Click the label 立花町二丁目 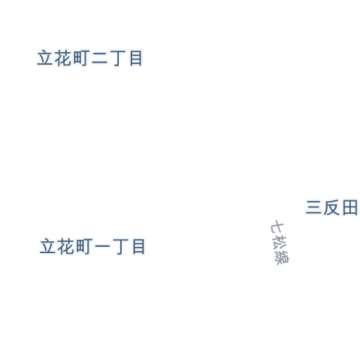click(x=90, y=58)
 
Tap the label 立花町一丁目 click(x=93, y=246)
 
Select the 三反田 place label click(x=332, y=207)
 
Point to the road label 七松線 click(x=280, y=243)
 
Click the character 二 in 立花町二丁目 click(x=100, y=58)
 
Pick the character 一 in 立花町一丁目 click(x=103, y=246)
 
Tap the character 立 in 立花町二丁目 click(x=45, y=58)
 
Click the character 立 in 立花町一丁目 click(x=48, y=246)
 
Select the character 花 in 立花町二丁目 click(x=63, y=58)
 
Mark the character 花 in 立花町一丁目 click(x=65, y=246)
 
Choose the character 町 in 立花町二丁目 click(x=82, y=58)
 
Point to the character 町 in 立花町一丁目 click(x=84, y=246)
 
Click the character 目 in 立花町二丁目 click(x=136, y=58)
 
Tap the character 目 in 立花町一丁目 click(x=139, y=246)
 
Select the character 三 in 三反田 click(x=314, y=207)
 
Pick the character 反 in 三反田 click(x=332, y=207)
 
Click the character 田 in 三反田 click(x=350, y=207)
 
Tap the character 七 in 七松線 click(x=277, y=227)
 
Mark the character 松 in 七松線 click(x=279, y=243)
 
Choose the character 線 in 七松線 click(x=282, y=257)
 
